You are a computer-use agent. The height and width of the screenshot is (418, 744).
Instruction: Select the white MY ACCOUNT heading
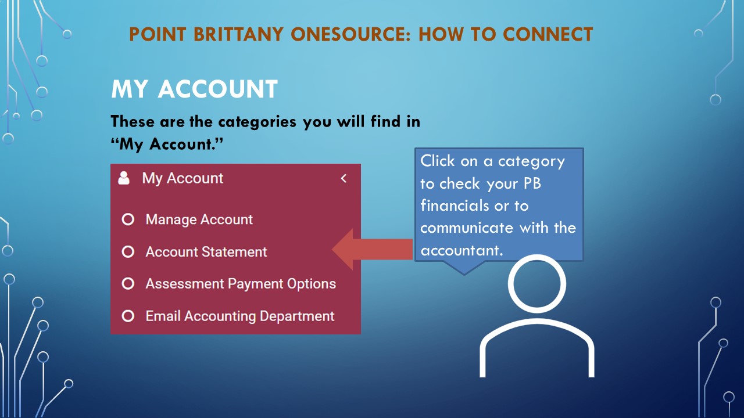pyautogui.click(x=194, y=89)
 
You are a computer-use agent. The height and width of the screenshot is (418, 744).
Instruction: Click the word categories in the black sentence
pyautogui.click(x=257, y=122)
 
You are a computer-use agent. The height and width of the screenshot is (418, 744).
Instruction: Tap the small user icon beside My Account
pyautogui.click(x=124, y=178)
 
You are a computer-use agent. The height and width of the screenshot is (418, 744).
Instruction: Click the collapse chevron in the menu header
pyautogui.click(x=344, y=178)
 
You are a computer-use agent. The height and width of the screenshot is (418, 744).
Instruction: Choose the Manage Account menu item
pyautogui.click(x=199, y=219)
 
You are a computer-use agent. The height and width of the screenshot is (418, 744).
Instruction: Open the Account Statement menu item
pyautogui.click(x=206, y=252)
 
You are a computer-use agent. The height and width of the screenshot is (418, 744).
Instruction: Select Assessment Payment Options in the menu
pyautogui.click(x=241, y=284)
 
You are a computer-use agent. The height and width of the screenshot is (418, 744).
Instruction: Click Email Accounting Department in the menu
pyautogui.click(x=240, y=316)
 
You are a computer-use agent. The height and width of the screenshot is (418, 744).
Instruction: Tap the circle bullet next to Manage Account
pyautogui.click(x=128, y=219)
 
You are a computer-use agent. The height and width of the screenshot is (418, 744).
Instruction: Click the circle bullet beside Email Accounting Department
pyautogui.click(x=128, y=316)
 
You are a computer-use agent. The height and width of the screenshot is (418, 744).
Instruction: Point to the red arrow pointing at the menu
pyautogui.click(x=372, y=250)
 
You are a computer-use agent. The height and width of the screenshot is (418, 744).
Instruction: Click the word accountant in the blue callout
pyautogui.click(x=462, y=250)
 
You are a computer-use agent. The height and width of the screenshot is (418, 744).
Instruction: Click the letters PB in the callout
pyautogui.click(x=532, y=183)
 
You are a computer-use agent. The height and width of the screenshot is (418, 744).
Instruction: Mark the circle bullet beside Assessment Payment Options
pyautogui.click(x=128, y=284)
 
